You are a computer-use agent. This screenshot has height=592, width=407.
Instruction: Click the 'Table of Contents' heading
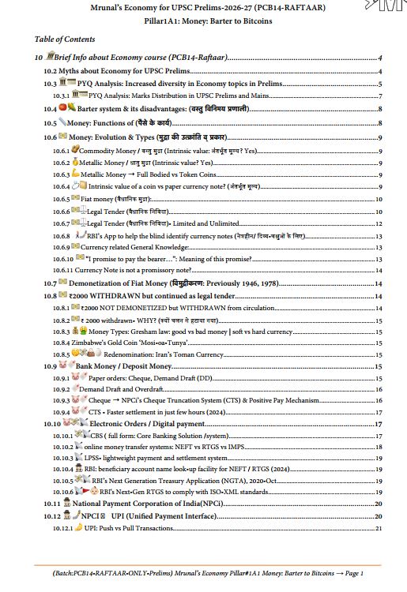[65, 39]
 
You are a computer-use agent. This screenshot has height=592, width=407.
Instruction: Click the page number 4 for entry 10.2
[379, 71]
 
